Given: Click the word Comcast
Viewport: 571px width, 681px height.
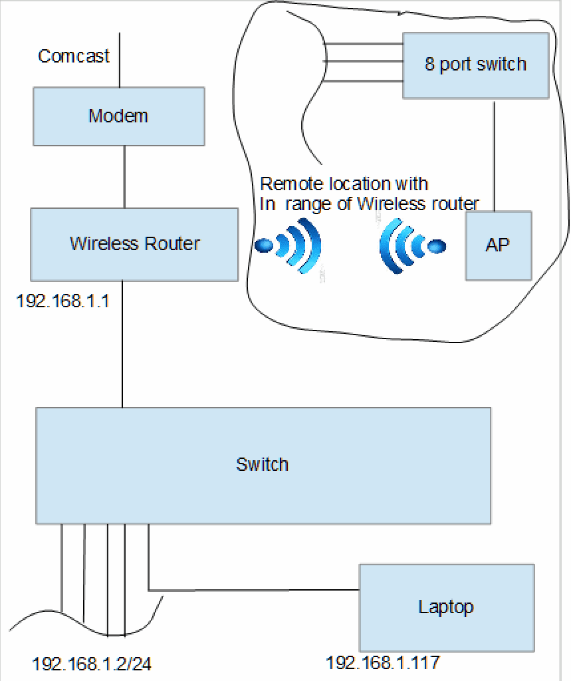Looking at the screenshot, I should [x=74, y=56].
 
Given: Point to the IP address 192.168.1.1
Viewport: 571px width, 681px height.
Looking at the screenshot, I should [x=63, y=301].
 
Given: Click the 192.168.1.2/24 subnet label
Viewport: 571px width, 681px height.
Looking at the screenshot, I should [x=92, y=663].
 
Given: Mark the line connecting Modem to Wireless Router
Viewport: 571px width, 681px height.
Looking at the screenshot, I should [x=124, y=177].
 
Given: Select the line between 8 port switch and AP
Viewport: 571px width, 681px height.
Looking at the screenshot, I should [x=493, y=156].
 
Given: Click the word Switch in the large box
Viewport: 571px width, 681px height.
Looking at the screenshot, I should [x=263, y=464].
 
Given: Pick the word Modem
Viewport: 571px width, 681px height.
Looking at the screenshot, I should [x=118, y=116].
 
